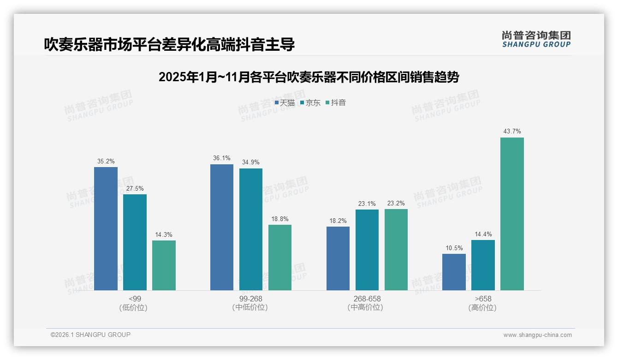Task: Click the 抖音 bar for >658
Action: click(512, 214)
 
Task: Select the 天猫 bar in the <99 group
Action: click(106, 228)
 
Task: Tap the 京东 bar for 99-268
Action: click(251, 229)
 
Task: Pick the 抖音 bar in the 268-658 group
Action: click(396, 249)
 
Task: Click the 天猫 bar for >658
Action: click(454, 272)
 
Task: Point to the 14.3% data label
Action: click(164, 234)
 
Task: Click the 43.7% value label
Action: click(512, 132)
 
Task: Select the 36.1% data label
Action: click(222, 158)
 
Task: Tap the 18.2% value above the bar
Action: click(338, 221)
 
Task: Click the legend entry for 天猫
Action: click(285, 103)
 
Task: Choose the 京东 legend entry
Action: click(310, 103)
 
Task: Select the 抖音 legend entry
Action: click(336, 103)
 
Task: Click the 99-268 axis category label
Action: click(250, 299)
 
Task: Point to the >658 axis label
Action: click(482, 299)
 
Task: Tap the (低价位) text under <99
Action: click(135, 307)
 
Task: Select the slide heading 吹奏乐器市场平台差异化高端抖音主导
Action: click(169, 44)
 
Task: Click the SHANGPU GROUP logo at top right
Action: click(536, 39)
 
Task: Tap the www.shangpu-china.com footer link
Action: click(537, 335)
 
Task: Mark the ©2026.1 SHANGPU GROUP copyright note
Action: click(90, 335)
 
